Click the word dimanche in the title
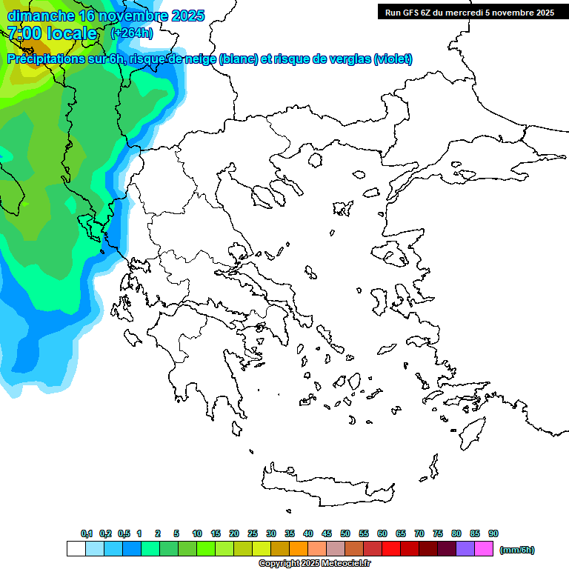click(x=41, y=16)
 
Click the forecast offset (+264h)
click(x=131, y=33)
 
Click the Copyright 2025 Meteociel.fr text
click(x=314, y=564)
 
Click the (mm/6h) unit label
click(x=516, y=550)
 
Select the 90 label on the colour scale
click(x=493, y=533)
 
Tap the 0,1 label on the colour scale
click(x=87, y=533)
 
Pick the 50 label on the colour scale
click(x=345, y=533)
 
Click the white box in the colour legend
click(x=76, y=549)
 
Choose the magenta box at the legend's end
click(x=484, y=549)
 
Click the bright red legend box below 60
click(x=391, y=549)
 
